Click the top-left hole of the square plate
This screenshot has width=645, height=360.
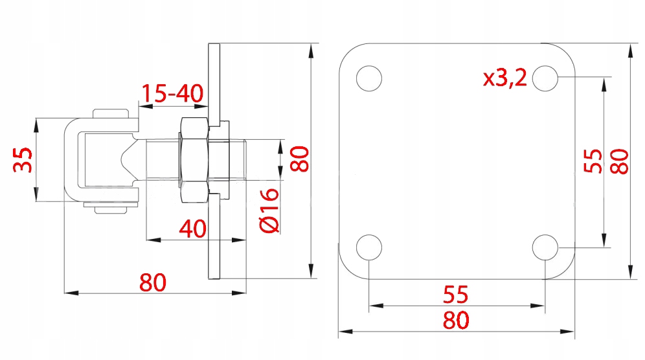(x=369, y=78)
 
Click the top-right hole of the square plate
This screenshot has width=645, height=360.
(x=545, y=78)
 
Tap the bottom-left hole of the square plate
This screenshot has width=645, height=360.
(x=369, y=247)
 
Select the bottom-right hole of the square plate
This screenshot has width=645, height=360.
(x=545, y=247)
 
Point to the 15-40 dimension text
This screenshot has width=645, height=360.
(x=172, y=93)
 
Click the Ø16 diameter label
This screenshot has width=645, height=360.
(x=270, y=210)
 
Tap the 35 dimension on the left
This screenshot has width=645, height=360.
(x=23, y=160)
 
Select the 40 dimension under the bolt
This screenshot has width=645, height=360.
(x=192, y=229)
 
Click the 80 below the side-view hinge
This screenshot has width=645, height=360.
(x=153, y=282)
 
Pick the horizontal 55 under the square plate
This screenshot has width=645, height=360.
(x=456, y=295)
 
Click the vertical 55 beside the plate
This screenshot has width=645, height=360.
(x=593, y=161)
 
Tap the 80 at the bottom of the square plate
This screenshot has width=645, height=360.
(x=456, y=320)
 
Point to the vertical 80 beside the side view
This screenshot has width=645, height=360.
(x=299, y=159)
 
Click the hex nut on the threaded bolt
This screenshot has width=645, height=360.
(x=194, y=160)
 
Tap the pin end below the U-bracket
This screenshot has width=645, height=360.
(x=110, y=210)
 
